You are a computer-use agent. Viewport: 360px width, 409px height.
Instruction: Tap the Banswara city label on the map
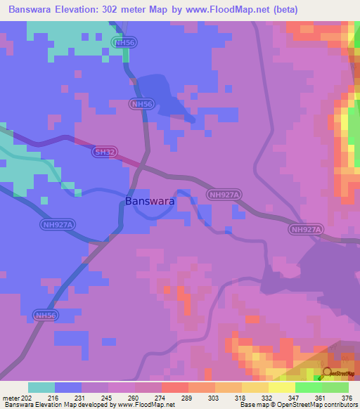150,201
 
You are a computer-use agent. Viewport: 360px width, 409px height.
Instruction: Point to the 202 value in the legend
27,398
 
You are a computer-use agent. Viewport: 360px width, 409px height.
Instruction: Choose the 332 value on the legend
269,398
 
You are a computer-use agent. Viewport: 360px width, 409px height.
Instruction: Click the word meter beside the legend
11,398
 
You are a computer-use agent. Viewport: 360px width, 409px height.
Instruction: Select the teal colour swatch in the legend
41,387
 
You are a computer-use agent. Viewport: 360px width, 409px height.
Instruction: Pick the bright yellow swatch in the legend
281,387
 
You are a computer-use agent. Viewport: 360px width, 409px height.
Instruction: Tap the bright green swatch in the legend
308,387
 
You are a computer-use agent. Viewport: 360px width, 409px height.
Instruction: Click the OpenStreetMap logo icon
328,372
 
